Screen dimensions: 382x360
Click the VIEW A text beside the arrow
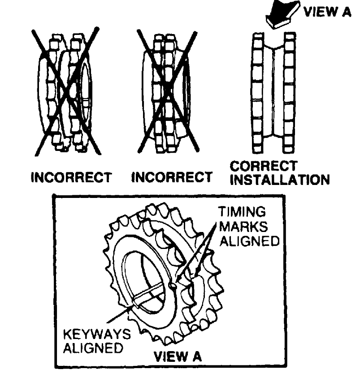click(x=326, y=12)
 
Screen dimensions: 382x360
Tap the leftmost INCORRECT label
click(x=70, y=178)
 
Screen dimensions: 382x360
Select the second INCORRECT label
click(x=171, y=178)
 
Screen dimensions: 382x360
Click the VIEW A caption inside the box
click(x=178, y=357)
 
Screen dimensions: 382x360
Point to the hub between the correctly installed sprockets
click(x=273, y=92)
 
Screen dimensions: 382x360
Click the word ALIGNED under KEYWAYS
click(x=94, y=348)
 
